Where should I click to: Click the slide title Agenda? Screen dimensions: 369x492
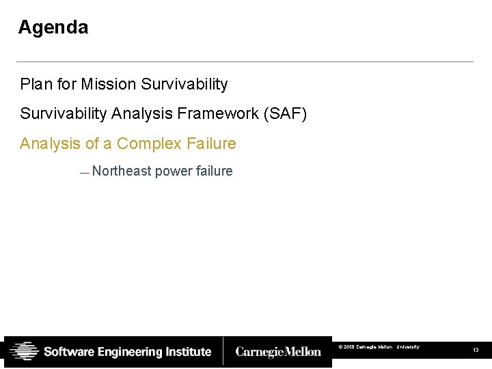(53, 27)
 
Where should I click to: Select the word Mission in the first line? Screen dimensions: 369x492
(109, 84)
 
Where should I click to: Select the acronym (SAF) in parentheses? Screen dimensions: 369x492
(285, 113)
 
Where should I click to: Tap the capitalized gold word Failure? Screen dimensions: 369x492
(211, 143)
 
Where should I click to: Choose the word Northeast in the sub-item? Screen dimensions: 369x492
(121, 171)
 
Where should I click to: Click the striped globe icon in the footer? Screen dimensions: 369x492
(25, 352)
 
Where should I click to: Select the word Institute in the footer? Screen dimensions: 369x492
(189, 352)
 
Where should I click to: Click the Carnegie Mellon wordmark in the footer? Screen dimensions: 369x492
(278, 352)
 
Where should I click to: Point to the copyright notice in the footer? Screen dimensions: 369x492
(379, 347)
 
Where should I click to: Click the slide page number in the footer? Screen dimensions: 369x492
(476, 351)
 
